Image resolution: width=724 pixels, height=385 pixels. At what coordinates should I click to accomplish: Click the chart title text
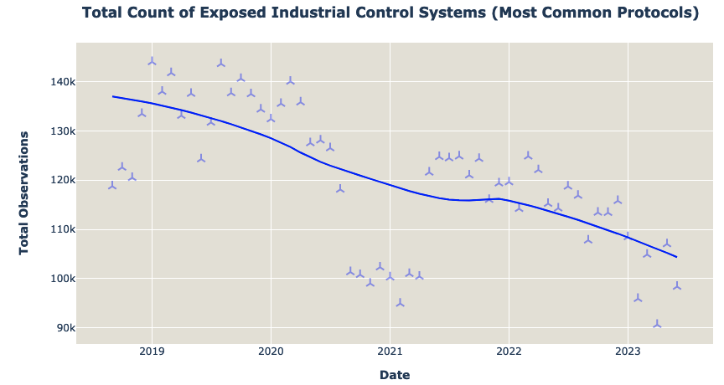(390, 13)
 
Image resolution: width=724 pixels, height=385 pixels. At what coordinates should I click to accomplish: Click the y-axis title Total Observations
(23, 192)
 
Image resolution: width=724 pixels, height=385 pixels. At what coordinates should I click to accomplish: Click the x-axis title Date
(394, 375)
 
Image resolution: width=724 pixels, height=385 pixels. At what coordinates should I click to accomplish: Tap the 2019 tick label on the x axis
(152, 352)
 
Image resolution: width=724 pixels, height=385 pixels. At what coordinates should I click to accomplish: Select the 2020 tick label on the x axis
(271, 352)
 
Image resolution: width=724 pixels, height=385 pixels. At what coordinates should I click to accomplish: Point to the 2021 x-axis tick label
(390, 352)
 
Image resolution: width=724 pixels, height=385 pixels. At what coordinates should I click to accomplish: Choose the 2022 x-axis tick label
(509, 352)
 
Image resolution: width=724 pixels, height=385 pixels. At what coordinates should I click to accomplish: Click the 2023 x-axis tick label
(628, 352)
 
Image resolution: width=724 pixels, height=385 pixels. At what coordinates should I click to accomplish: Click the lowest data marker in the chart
(657, 324)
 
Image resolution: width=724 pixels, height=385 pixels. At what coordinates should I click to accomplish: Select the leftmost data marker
(112, 186)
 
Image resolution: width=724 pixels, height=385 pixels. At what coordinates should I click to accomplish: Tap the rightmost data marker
(677, 286)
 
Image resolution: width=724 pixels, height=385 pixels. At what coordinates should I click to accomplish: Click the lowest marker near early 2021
(400, 303)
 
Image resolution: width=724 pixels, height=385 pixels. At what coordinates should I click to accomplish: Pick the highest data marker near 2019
(152, 61)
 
